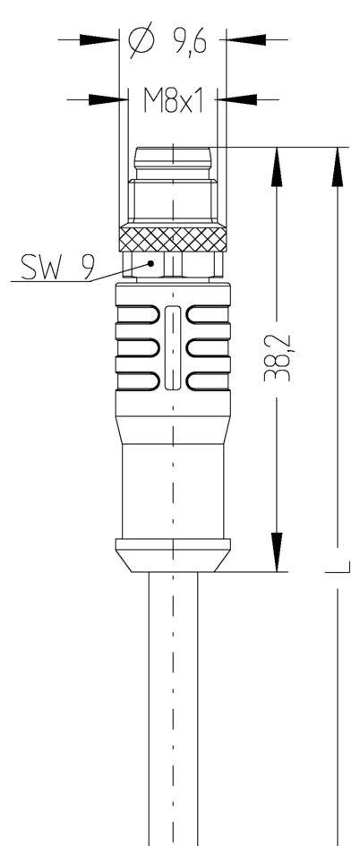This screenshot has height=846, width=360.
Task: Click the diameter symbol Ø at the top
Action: [142, 40]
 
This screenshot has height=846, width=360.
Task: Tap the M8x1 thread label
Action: [173, 99]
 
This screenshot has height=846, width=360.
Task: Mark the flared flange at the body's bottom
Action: [172, 552]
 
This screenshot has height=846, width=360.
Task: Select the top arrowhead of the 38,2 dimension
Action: [279, 166]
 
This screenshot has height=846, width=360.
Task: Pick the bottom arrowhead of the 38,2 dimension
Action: [279, 551]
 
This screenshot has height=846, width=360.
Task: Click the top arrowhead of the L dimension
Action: [338, 167]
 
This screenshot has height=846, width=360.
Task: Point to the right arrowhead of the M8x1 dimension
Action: [235, 98]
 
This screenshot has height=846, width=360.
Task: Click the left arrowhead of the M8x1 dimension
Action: [106, 98]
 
